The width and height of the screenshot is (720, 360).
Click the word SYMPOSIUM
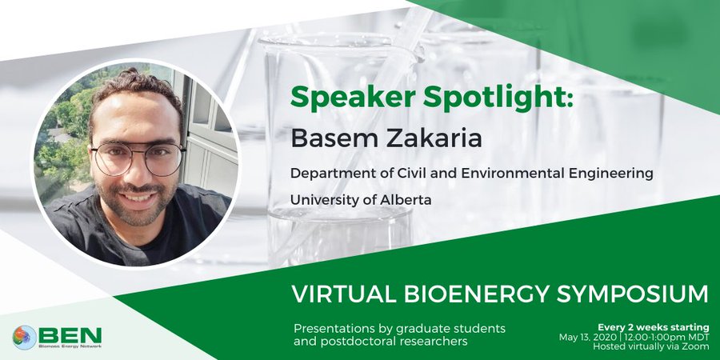(633, 294)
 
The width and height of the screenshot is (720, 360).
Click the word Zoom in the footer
(698, 346)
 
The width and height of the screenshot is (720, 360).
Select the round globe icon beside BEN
(24, 338)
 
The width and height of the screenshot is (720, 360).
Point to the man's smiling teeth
(138, 197)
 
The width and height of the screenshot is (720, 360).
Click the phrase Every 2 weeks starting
(653, 327)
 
